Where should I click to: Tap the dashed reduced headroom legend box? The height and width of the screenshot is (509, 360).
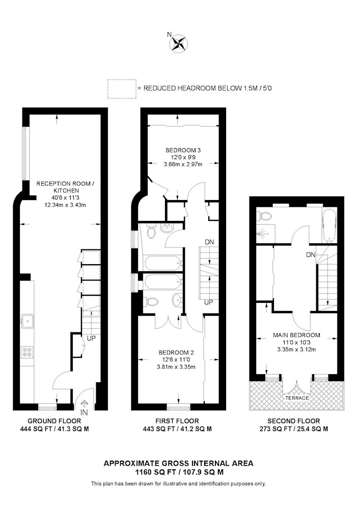122,89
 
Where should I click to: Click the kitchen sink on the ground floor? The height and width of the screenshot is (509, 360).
27,321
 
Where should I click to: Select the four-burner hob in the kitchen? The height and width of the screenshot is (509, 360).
27,352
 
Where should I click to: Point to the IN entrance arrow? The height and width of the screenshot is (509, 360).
84,404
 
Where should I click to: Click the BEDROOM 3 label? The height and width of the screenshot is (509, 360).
183,150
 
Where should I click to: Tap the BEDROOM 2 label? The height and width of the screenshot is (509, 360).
176,353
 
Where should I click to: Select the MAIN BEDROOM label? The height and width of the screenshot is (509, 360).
297,335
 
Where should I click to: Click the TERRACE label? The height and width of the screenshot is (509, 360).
297,398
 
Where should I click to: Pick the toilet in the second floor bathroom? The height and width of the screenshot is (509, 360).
265,216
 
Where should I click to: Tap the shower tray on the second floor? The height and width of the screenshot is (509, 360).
265,234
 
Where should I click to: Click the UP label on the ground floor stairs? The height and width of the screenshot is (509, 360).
91,338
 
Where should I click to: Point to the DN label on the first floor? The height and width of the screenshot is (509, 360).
209,242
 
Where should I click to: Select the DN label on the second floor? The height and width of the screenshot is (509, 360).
311,255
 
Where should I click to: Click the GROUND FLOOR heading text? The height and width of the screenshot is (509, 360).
54,421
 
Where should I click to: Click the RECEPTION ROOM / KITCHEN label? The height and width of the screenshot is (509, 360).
65,187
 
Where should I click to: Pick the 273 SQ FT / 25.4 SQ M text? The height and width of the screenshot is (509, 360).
294,429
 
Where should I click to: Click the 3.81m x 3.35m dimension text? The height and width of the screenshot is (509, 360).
176,367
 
